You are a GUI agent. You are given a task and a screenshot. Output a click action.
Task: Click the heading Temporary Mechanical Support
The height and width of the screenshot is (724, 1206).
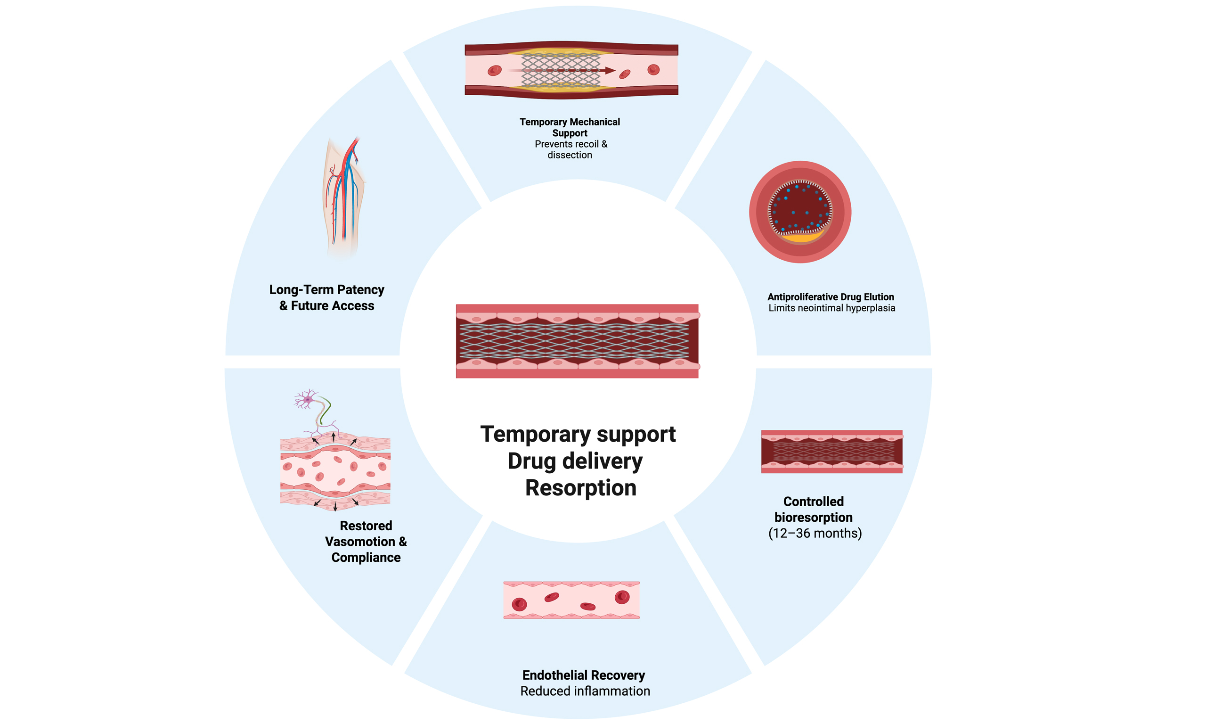click(570, 127)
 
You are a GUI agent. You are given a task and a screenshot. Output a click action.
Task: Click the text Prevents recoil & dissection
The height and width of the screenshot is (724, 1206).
click(570, 150)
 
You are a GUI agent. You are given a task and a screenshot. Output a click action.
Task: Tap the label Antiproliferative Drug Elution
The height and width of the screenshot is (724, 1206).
click(831, 296)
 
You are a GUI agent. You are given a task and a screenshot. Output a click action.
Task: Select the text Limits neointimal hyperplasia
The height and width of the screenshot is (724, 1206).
click(831, 308)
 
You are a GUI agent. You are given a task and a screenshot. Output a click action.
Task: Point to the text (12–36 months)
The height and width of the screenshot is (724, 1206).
click(815, 533)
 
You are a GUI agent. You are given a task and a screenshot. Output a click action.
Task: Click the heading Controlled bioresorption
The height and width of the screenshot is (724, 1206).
click(814, 510)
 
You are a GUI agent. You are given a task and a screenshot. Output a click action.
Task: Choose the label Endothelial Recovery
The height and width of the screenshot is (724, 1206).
click(584, 675)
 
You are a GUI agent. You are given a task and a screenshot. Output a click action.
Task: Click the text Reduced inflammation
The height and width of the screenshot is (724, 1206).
click(585, 691)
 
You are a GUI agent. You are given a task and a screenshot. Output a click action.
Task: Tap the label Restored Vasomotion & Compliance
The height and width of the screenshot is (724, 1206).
click(366, 542)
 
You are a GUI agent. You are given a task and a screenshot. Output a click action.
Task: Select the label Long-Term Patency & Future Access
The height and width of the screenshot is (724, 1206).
click(326, 297)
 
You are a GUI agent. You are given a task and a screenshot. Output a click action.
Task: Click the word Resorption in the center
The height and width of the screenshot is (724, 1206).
click(580, 488)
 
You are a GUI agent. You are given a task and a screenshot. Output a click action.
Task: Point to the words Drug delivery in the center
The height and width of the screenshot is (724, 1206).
click(575, 461)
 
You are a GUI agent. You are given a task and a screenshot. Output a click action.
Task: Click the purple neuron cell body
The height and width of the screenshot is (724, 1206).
click(308, 400)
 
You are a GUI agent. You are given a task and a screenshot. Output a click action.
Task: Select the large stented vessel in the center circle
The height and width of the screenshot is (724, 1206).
click(577, 341)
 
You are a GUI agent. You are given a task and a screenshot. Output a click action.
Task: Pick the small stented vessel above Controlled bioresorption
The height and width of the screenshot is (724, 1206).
click(831, 452)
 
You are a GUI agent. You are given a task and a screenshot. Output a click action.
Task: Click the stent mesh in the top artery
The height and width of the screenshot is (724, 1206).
click(561, 71)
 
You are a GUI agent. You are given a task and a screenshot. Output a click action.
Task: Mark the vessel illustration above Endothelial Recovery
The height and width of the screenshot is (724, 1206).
click(571, 600)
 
